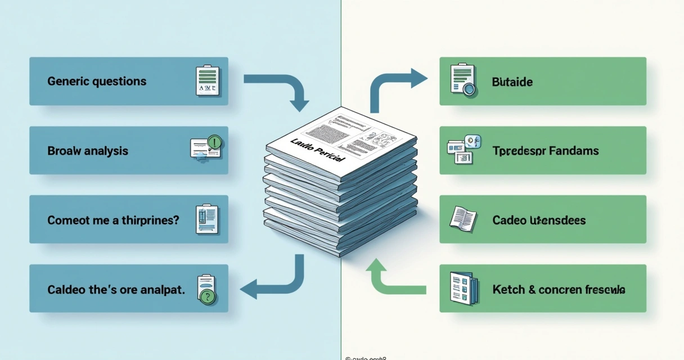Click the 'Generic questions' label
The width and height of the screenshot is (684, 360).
[x=97, y=82]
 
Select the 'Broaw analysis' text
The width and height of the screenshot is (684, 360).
[x=88, y=151]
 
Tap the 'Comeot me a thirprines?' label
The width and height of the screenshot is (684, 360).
[x=113, y=220]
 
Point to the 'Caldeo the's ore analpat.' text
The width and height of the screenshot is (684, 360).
[x=116, y=290]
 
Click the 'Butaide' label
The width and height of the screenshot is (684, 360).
[x=512, y=82]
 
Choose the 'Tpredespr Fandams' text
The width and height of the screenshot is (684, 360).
[x=545, y=151]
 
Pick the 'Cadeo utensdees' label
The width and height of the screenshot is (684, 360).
[x=539, y=220]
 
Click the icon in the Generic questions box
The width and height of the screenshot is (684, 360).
[x=206, y=80]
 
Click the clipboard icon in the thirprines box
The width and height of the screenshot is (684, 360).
[x=206, y=219]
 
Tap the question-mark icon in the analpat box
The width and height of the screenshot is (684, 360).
[x=207, y=290]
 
